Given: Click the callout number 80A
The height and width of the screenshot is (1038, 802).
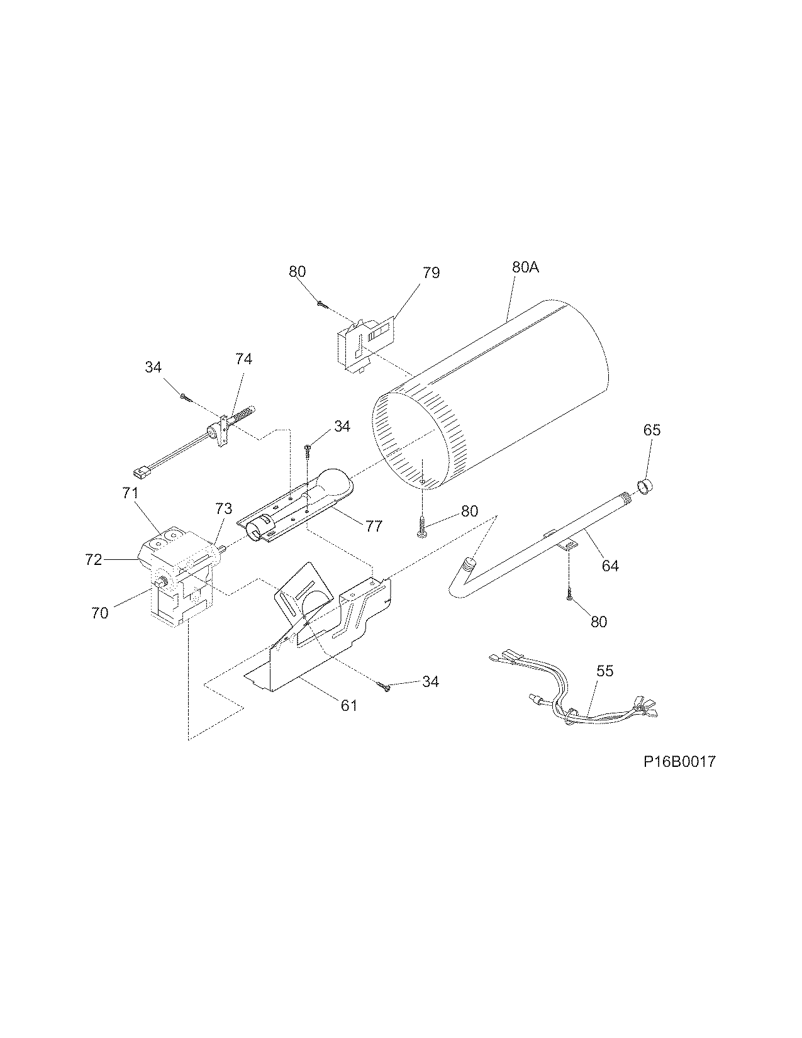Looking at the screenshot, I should tap(525, 267).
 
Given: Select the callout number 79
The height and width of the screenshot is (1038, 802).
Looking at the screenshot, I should tap(432, 272).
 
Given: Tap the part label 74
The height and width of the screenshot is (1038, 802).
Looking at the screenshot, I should tap(243, 359).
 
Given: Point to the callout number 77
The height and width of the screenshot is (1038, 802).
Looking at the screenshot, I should tap(373, 525).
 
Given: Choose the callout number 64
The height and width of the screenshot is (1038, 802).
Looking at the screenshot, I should tap(610, 565).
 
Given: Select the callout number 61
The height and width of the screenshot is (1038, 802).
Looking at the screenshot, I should tap(349, 705).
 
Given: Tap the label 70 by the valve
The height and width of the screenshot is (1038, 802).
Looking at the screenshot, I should tap(100, 613).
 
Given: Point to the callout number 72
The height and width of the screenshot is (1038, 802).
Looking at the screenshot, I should tap(94, 559).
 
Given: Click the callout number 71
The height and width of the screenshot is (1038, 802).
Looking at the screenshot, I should tap(130, 493).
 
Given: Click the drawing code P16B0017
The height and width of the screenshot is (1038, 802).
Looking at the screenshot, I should tap(679, 762).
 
